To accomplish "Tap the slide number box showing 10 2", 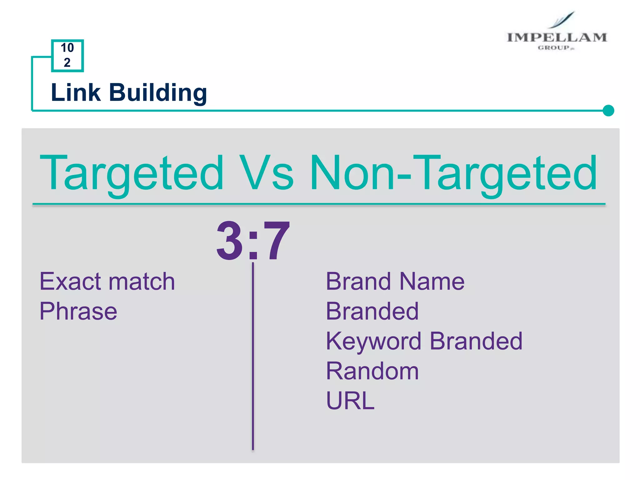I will click(67, 55).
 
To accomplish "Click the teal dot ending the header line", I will click(608, 110).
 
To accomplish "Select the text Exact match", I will click(107, 281).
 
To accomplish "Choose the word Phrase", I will click(78, 311).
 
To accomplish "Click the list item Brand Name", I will click(395, 281).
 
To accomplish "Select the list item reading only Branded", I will click(372, 311).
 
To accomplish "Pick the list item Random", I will click(372, 371).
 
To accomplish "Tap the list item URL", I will click(350, 401).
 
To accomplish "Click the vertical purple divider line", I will click(253, 356).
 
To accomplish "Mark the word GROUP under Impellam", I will click(554, 48).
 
